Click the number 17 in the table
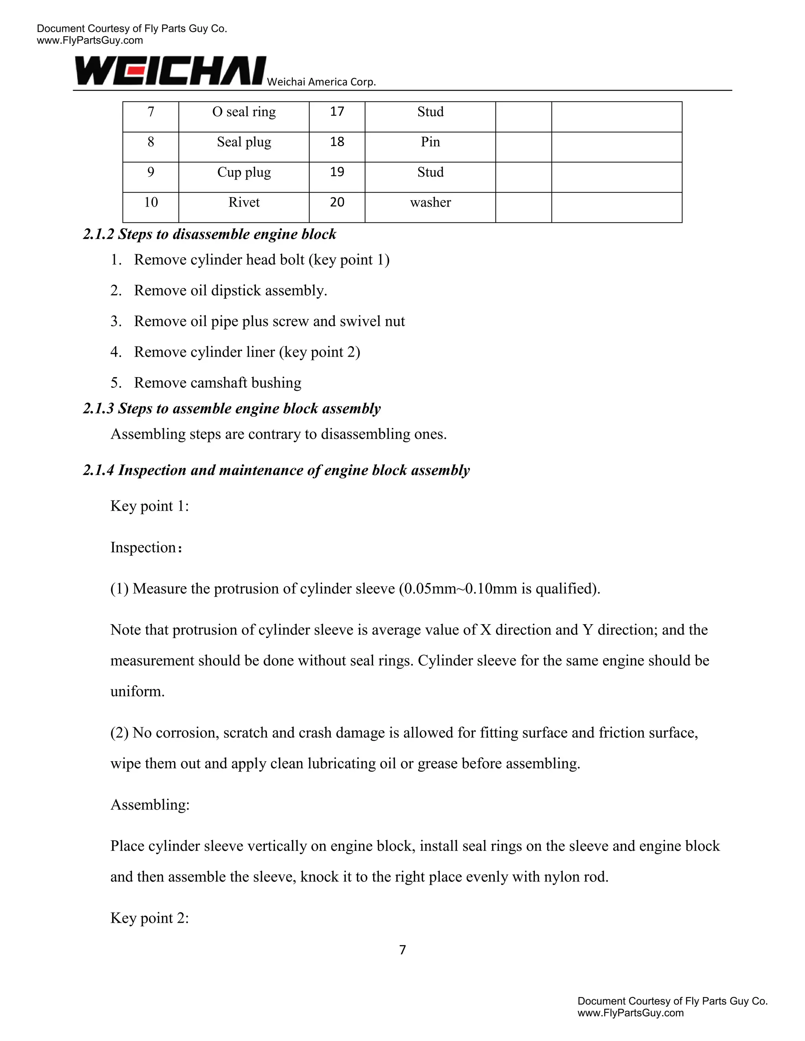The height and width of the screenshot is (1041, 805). [x=337, y=112]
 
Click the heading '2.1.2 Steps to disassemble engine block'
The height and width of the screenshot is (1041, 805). [x=210, y=234]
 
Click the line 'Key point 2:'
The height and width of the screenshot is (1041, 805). [x=150, y=918]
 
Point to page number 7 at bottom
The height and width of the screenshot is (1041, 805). [x=402, y=950]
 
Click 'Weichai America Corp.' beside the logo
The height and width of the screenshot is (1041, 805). [x=321, y=82]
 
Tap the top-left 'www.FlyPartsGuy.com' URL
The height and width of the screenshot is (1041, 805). [x=90, y=40]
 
